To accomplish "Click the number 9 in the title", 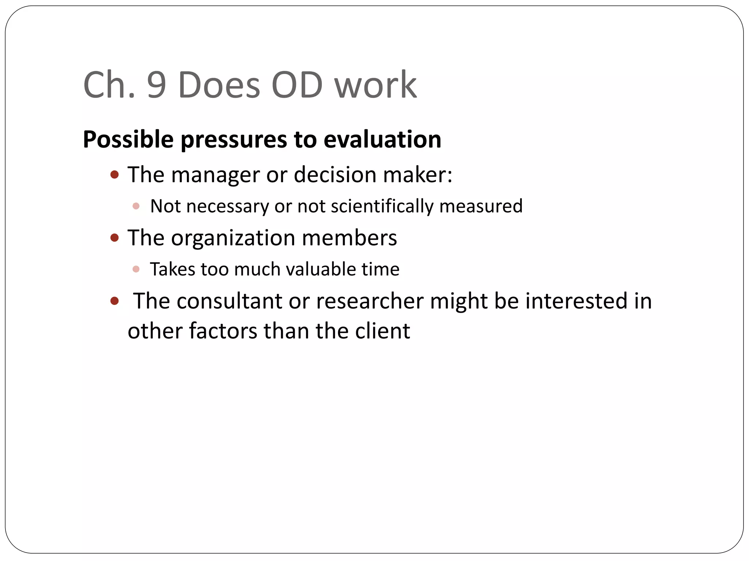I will pyautogui.click(x=157, y=85).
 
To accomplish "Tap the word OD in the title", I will pyautogui.click(x=297, y=85).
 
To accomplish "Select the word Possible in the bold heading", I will pyautogui.click(x=128, y=140).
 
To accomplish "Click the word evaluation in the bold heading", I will pyautogui.click(x=382, y=140).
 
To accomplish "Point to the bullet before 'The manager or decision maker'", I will pyautogui.click(x=114, y=175).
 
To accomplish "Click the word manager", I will pyautogui.click(x=215, y=175).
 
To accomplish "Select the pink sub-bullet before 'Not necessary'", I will pyautogui.click(x=136, y=206).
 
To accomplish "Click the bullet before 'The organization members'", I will pyautogui.click(x=114, y=238).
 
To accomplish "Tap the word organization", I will pyautogui.click(x=233, y=238).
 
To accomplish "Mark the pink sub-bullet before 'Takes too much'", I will pyautogui.click(x=136, y=270).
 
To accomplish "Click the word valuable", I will pyautogui.click(x=321, y=270).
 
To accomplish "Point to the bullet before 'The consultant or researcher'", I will pyautogui.click(x=114, y=301).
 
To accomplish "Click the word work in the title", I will pyautogui.click(x=375, y=85).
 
